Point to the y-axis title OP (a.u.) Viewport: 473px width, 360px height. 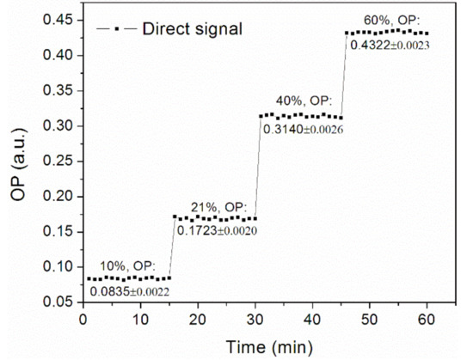[x=19, y=161]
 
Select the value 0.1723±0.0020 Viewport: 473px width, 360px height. [x=217, y=230]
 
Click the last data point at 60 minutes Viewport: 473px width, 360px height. [x=427, y=34]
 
